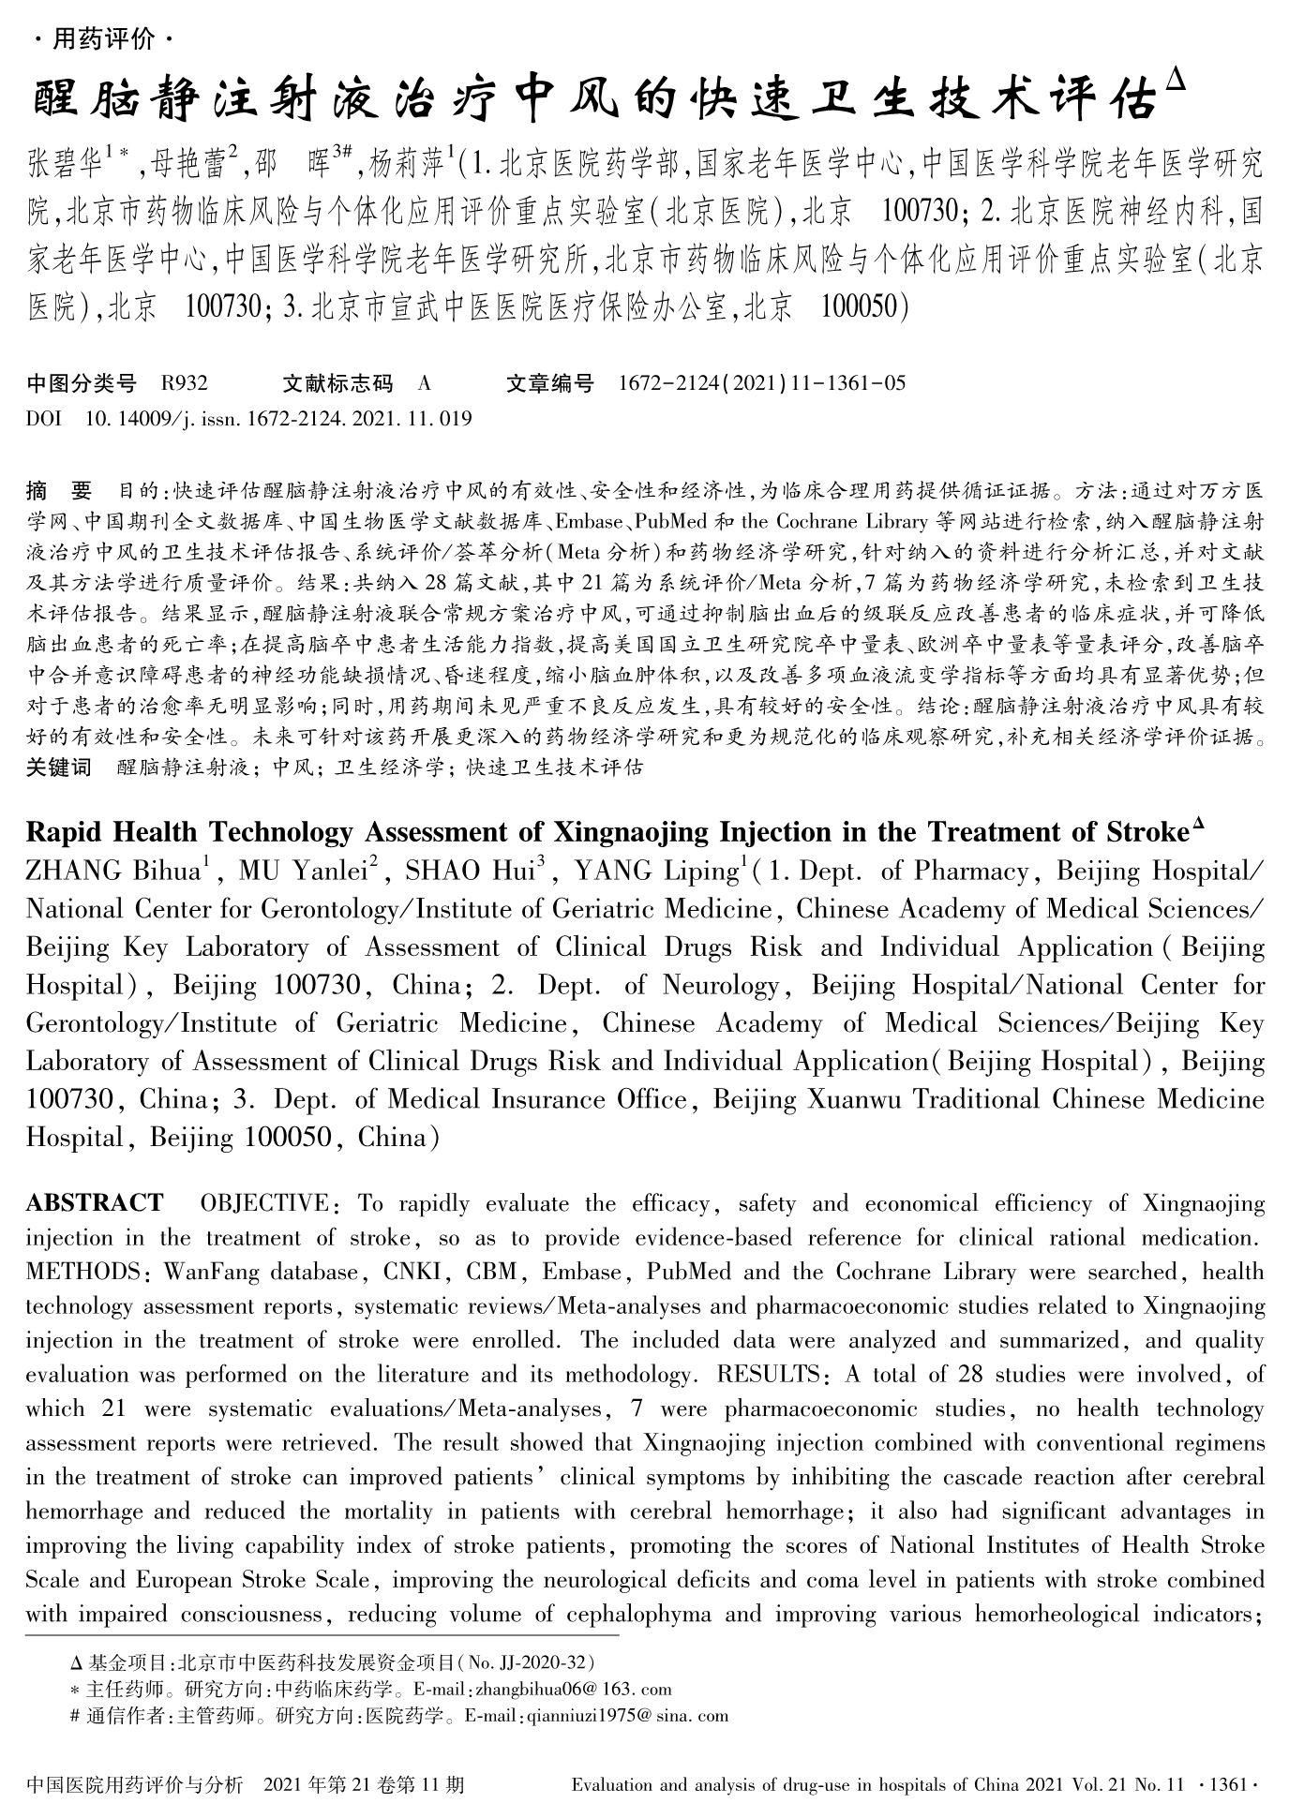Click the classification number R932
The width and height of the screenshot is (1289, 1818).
(184, 383)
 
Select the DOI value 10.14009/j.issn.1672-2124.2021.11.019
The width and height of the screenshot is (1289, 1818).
(278, 419)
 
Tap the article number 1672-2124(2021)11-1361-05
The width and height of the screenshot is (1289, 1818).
(762, 383)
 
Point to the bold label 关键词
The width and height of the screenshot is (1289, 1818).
(59, 767)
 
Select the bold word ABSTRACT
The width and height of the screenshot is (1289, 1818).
(95, 1202)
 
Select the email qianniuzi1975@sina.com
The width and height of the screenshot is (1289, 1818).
(626, 1716)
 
